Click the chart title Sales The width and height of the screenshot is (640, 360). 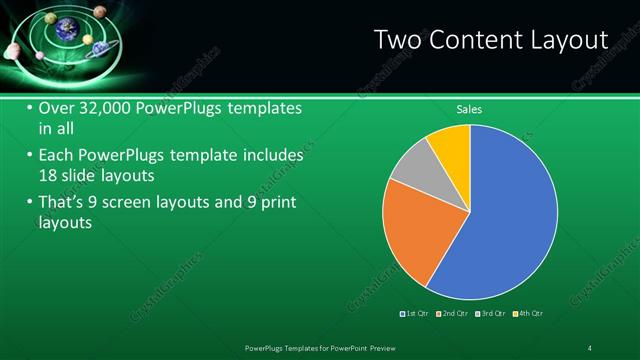470,108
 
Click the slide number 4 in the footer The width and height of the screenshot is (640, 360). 590,347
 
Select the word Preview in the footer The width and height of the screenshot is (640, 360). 392,347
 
